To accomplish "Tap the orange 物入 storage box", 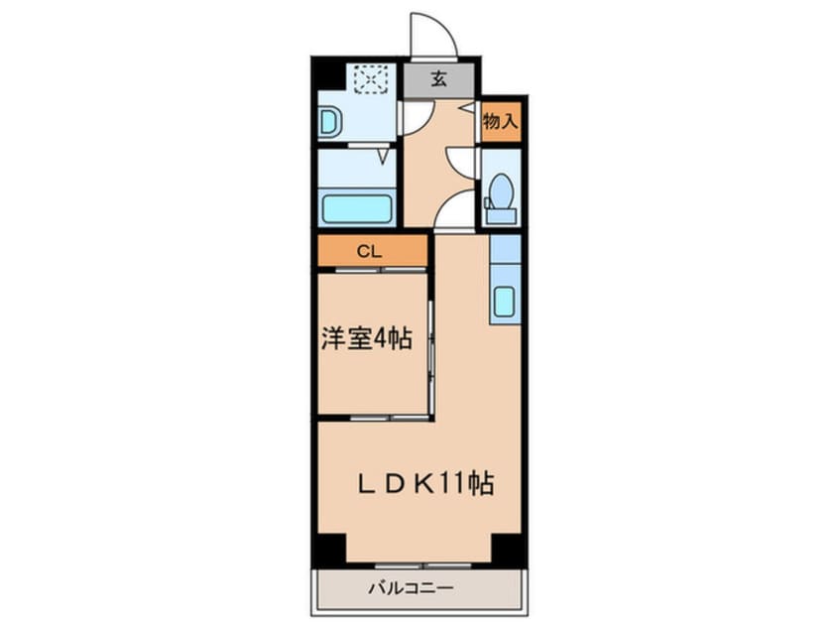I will [501, 122].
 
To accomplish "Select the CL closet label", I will [369, 251].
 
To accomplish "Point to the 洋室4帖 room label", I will [366, 339].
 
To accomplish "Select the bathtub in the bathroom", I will [358, 210].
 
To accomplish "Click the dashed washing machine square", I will [373, 78].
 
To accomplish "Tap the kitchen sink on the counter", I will [504, 302].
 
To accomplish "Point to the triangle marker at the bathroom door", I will [382, 157].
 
